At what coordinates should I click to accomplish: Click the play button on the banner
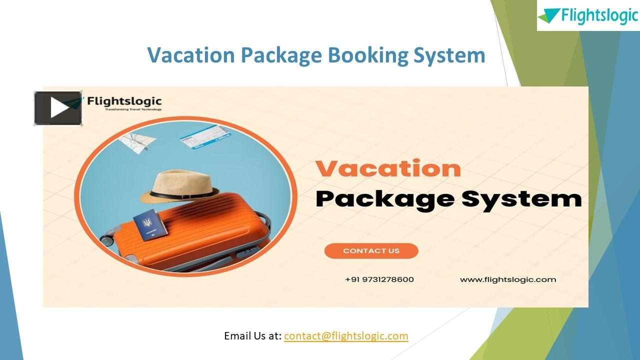[58, 108]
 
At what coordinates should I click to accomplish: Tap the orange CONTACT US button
[371, 251]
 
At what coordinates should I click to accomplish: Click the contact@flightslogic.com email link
[346, 336]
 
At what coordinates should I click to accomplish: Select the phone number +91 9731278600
[379, 279]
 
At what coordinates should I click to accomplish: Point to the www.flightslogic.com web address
[508, 279]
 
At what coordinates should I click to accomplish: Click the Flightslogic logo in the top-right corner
[588, 15]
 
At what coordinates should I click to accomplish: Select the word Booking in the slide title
[368, 55]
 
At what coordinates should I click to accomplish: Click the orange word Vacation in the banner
[388, 169]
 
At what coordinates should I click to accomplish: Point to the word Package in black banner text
[384, 199]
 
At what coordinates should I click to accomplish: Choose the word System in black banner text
[521, 198]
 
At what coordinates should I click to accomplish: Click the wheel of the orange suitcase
[107, 239]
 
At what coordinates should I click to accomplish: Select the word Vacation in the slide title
[190, 55]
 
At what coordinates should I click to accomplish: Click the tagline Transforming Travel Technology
[133, 109]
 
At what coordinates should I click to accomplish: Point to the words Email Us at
[252, 336]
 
